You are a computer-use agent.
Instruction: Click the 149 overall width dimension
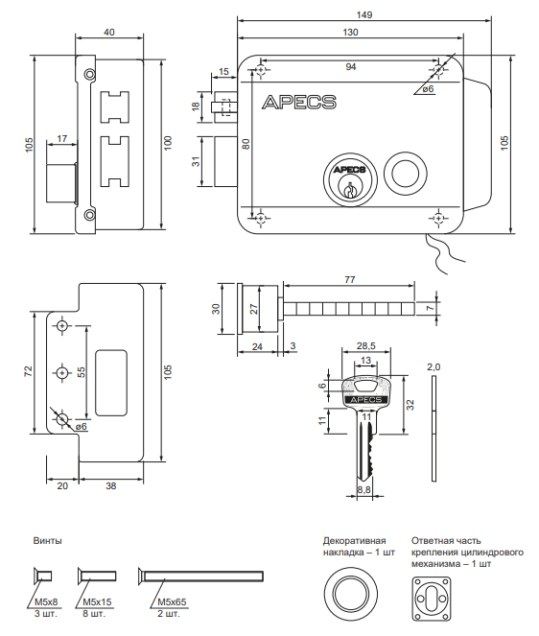(364, 14)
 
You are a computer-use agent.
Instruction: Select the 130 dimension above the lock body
(350, 32)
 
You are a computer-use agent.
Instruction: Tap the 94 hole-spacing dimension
(351, 66)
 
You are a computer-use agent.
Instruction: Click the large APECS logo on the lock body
(299, 102)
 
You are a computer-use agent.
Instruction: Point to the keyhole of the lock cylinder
(349, 190)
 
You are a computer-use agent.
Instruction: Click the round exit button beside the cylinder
(405, 174)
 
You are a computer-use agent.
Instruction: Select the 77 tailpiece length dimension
(350, 279)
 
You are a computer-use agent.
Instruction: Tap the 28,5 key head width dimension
(365, 346)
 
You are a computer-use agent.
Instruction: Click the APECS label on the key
(365, 400)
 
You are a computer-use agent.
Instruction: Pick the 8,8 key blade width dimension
(364, 489)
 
